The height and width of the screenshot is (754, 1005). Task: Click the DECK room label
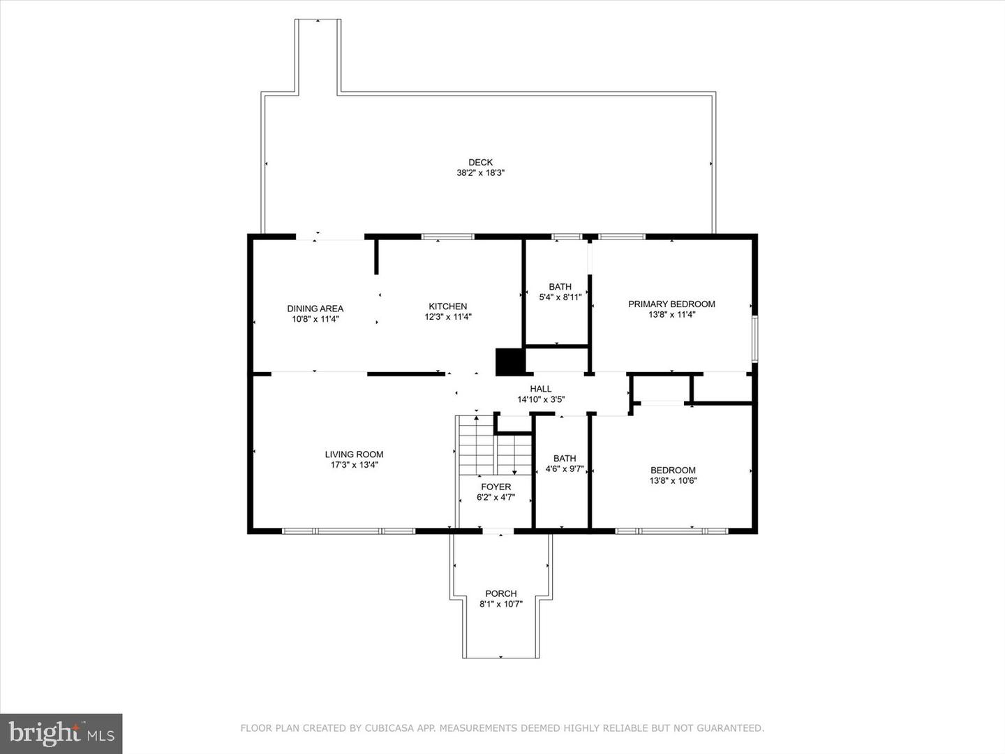pyautogui.click(x=480, y=162)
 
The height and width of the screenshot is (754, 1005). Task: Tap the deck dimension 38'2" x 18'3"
pyautogui.click(x=480, y=173)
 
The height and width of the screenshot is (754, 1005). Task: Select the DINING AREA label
pyautogui.click(x=315, y=309)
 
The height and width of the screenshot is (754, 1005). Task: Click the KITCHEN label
pyautogui.click(x=447, y=306)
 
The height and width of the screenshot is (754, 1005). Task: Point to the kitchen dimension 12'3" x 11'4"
pyautogui.click(x=447, y=317)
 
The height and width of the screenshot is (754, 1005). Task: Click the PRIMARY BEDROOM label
pyautogui.click(x=671, y=304)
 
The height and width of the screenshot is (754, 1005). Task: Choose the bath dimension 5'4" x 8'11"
pyautogui.click(x=560, y=297)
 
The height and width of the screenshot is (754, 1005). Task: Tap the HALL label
pyautogui.click(x=540, y=389)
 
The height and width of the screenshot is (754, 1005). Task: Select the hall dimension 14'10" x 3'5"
pyautogui.click(x=540, y=400)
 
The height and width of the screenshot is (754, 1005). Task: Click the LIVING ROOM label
pyautogui.click(x=354, y=454)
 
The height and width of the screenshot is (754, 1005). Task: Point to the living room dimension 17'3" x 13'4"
pyautogui.click(x=354, y=465)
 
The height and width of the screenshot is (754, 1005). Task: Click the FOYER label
pyautogui.click(x=496, y=487)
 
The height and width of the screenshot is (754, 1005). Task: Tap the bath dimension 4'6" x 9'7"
pyautogui.click(x=564, y=469)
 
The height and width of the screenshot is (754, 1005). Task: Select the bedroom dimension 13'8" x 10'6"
pyautogui.click(x=673, y=480)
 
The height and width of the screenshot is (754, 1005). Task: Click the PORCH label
pyautogui.click(x=500, y=593)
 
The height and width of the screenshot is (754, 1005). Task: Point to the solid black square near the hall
pyautogui.click(x=509, y=362)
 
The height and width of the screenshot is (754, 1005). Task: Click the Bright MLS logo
pyautogui.click(x=61, y=733)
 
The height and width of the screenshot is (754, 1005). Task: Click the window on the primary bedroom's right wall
pyautogui.click(x=754, y=339)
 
